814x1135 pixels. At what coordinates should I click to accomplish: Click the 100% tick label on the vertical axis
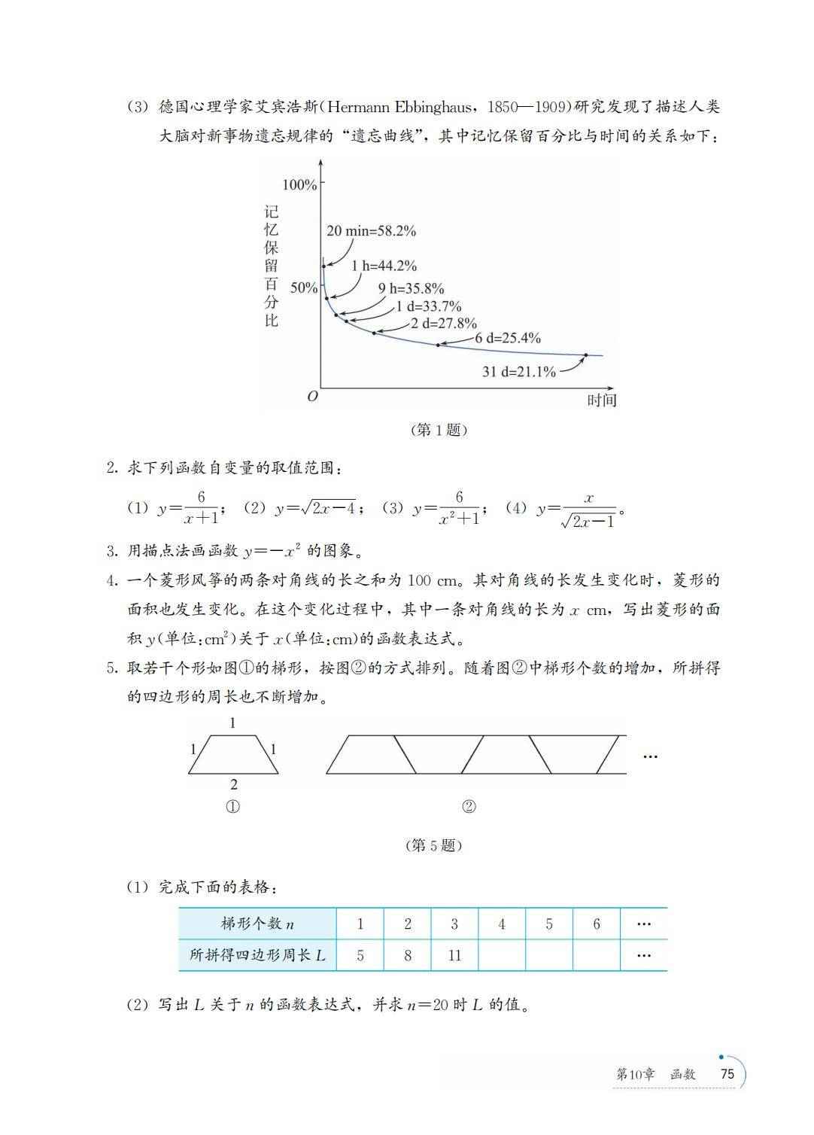coord(299,185)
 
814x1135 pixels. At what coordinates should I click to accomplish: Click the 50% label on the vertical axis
coord(304,288)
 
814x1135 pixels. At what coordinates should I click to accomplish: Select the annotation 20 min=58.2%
coord(371,231)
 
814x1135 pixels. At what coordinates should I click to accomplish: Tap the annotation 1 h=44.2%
coord(384,266)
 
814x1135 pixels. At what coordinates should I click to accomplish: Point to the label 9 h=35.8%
coord(411,288)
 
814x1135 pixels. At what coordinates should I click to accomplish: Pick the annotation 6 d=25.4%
coord(508,338)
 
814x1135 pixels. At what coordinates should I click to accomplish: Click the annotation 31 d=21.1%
coord(518,372)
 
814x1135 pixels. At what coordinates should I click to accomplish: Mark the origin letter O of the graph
coord(313,397)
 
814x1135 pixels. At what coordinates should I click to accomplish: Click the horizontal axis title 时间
coord(601,400)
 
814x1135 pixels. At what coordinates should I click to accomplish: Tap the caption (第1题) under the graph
coord(439,430)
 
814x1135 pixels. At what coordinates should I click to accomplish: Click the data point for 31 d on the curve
coord(586,354)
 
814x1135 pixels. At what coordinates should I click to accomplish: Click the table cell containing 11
coord(454,956)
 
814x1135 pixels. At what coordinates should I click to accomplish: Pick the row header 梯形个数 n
coord(257,924)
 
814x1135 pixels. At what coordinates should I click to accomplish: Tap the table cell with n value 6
coord(597,924)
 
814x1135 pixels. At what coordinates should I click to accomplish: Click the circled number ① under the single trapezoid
coord(233,807)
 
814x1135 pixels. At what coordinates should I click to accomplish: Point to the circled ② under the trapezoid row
coord(469,807)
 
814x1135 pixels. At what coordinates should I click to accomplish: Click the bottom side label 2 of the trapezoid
coord(234,784)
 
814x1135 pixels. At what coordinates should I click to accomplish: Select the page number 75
coord(727,1074)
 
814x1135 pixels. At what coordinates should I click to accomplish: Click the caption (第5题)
coord(433,845)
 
